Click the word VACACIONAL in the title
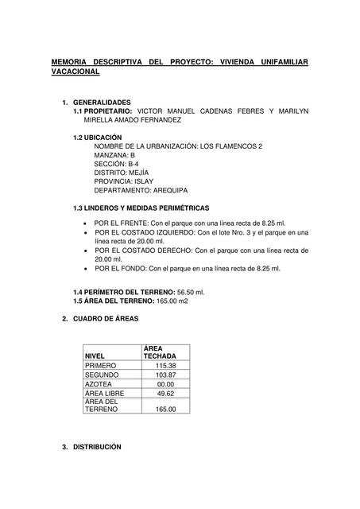click(75, 72)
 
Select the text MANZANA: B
click(114, 155)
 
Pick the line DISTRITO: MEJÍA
click(122, 173)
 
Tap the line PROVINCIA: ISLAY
click(123, 181)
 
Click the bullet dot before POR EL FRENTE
click(85, 223)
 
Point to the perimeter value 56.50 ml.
click(191, 293)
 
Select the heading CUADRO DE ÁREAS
click(106, 318)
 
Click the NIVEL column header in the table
click(95, 356)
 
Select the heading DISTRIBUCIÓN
click(97, 447)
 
